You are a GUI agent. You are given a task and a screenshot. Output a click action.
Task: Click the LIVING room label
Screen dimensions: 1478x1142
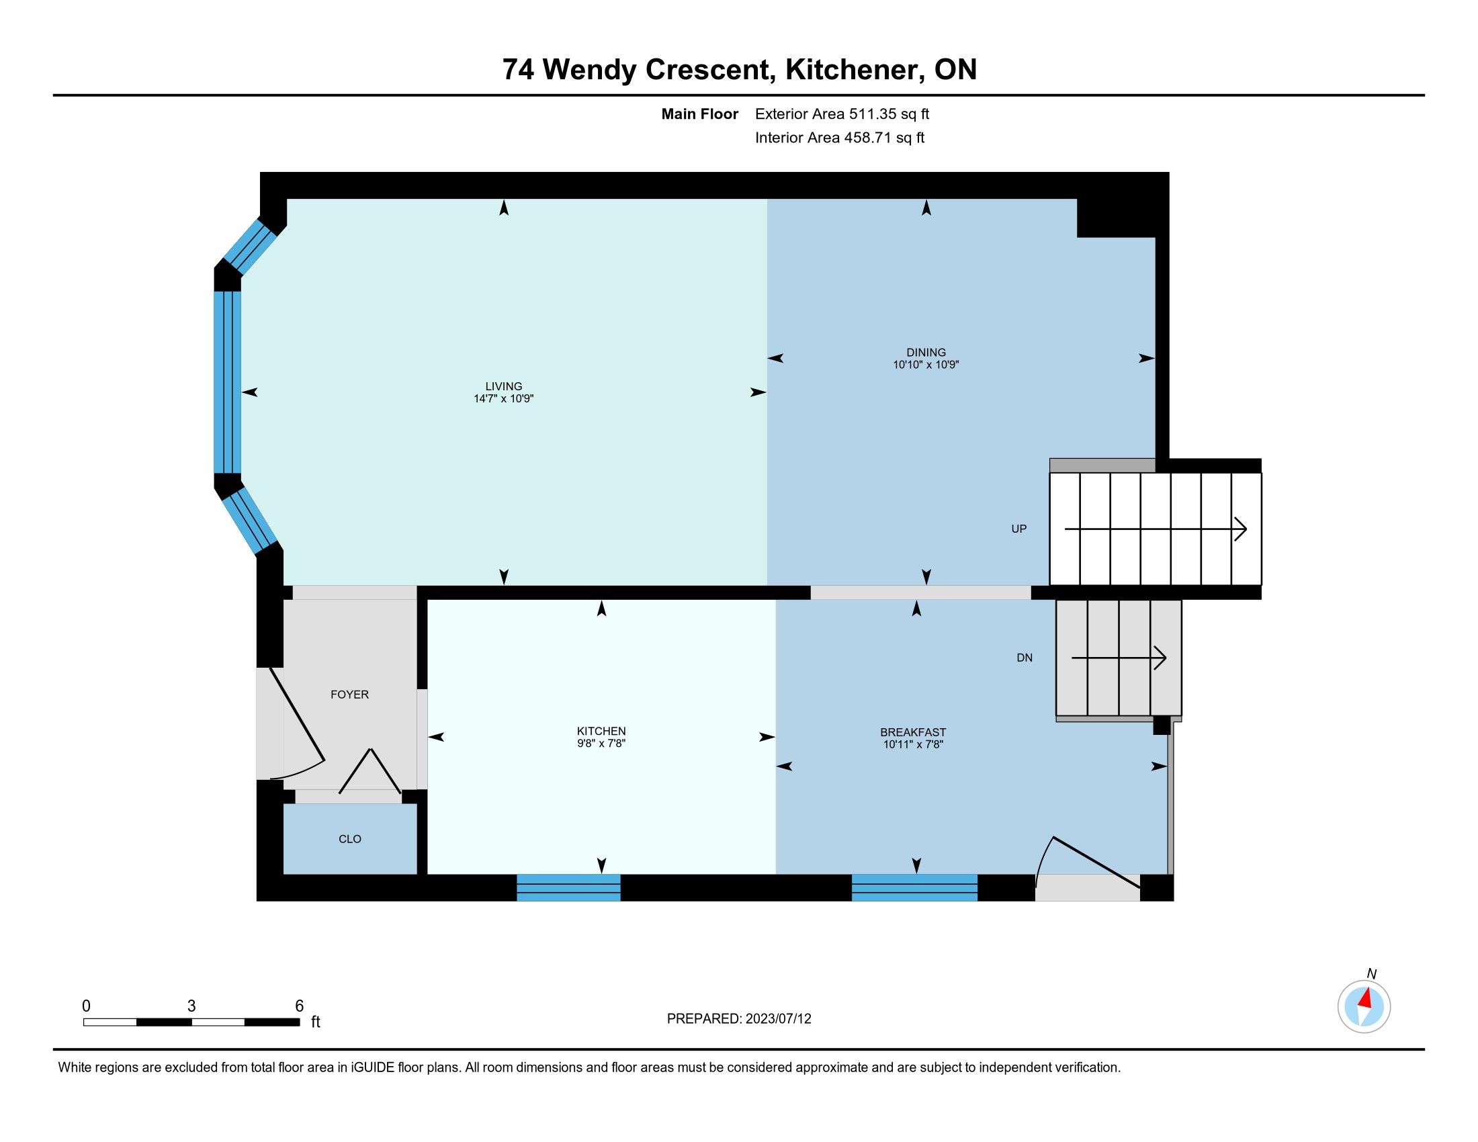[503, 386]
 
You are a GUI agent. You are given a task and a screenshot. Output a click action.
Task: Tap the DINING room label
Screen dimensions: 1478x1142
[926, 352]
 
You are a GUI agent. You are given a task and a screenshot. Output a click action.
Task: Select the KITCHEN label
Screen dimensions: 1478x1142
[601, 731]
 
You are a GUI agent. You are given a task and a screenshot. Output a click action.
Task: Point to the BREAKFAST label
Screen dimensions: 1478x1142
[913, 732]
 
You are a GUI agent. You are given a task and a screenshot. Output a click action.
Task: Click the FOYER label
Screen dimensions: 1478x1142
[349, 694]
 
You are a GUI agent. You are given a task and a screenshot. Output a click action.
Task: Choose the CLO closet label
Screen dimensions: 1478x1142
[350, 839]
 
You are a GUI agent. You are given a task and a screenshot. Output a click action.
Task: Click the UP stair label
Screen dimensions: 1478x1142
[1018, 529]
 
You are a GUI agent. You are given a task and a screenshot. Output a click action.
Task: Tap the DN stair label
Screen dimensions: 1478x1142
[1025, 658]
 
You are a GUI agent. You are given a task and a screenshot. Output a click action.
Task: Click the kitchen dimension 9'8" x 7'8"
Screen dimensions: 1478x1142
[601, 743]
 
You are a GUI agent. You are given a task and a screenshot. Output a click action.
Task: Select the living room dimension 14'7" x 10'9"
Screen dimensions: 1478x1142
[503, 398]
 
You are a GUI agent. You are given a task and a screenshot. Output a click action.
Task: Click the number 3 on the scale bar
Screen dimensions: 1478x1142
[191, 1006]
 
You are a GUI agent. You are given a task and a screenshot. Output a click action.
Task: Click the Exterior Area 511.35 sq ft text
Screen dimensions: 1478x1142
[842, 114]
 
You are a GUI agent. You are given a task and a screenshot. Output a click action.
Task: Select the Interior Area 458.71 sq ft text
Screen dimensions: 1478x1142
[839, 138]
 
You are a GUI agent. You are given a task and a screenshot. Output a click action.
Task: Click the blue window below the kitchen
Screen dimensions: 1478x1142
[568, 887]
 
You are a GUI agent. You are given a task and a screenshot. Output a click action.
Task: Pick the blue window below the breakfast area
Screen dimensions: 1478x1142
[914, 887]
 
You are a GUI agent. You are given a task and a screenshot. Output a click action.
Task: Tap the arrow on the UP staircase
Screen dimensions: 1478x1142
[1156, 529]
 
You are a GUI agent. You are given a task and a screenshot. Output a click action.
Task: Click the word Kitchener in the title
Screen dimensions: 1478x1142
[853, 70]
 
